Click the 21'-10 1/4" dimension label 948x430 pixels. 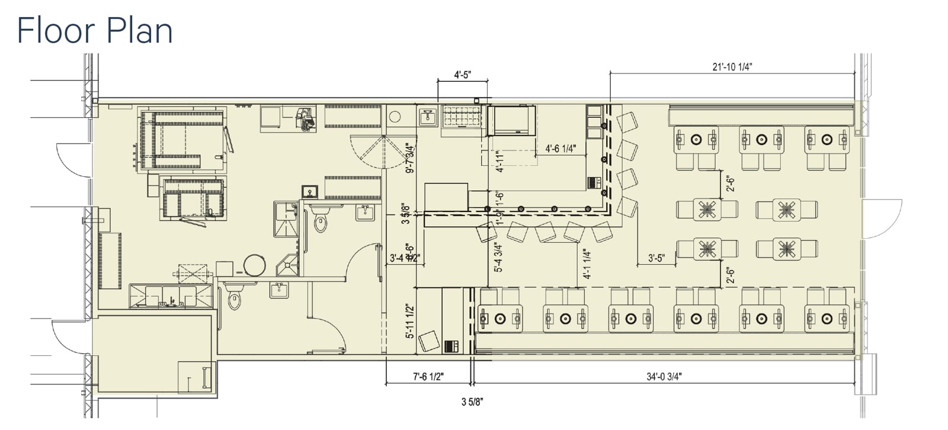pos(732,67)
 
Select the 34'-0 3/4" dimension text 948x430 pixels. pos(664,376)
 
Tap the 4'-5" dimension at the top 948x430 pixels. pos(462,75)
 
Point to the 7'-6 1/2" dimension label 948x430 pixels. pos(428,376)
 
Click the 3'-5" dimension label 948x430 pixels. pos(656,258)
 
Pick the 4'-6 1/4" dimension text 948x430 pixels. pos(561,149)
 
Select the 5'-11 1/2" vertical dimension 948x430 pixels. pos(409,321)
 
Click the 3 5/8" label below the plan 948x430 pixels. pos(472,402)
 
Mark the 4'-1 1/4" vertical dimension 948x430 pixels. pos(587,264)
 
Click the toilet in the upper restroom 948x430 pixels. pos(321,220)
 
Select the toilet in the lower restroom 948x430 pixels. pos(235,299)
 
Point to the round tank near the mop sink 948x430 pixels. pos(254,265)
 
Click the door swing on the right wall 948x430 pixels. pos(883,219)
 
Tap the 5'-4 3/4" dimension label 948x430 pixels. pos(498,258)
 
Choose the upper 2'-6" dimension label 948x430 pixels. pos(731,185)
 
